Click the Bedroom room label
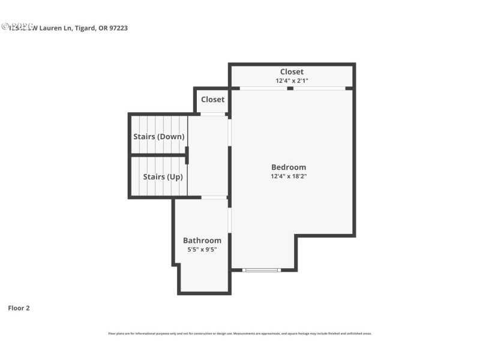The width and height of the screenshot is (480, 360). pos(289,167)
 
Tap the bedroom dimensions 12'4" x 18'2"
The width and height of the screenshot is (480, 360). pos(289,176)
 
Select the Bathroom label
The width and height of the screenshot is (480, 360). pos(202,241)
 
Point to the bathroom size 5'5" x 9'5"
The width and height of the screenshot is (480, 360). pos(202,250)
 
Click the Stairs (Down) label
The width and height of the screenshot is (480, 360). pos(158,136)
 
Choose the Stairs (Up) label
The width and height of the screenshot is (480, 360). pos(163,177)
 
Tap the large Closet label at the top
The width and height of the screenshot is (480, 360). pos(292,72)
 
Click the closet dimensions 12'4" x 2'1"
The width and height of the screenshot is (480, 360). pos(292,80)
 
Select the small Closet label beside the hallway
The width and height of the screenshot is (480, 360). pos(212,100)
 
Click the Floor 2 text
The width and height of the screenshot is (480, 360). pos(19,308)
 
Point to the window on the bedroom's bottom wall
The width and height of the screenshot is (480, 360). pos(262,270)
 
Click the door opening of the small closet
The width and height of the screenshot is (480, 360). pos(212,114)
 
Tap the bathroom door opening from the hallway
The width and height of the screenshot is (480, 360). pos(214,197)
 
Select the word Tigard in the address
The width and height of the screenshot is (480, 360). pos(84,28)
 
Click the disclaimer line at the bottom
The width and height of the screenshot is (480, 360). pos(240,333)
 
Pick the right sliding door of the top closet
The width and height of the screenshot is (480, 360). pos(319,88)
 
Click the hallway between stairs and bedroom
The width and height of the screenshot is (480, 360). pos(208,156)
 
